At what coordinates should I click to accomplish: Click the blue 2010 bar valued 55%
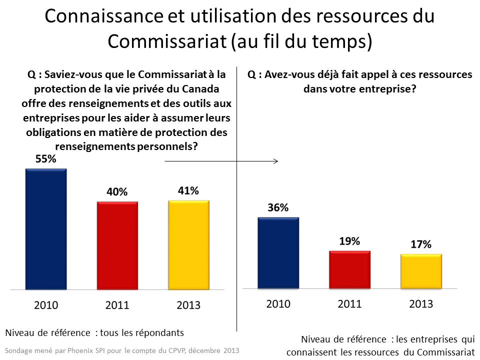click(46, 229)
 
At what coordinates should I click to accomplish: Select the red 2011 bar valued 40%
click(117, 245)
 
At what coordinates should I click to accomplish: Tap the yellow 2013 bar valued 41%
click(188, 245)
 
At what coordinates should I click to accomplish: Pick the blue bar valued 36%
click(278, 253)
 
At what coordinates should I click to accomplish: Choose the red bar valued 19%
click(349, 269)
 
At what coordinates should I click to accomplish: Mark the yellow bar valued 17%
click(421, 271)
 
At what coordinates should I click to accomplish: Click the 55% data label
click(46, 159)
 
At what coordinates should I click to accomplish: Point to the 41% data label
click(188, 190)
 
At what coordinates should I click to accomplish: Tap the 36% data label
click(278, 208)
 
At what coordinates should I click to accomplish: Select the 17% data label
click(421, 244)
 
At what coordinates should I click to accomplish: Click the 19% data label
click(349, 241)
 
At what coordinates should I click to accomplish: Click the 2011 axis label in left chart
click(117, 305)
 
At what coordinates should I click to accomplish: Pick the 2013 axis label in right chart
click(421, 303)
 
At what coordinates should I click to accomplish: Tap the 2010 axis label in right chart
click(278, 303)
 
